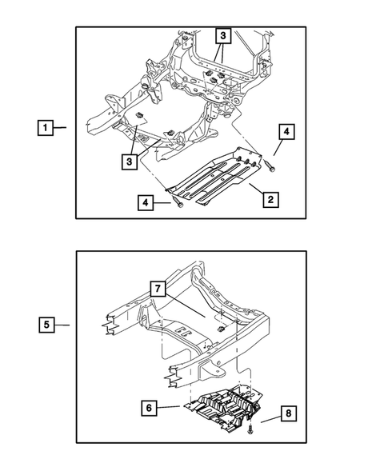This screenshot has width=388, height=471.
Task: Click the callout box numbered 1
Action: (x=46, y=128)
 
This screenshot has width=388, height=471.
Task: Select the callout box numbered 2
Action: (x=270, y=199)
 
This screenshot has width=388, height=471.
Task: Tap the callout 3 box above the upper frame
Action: (x=222, y=36)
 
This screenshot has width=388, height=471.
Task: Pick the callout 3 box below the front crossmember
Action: (x=130, y=162)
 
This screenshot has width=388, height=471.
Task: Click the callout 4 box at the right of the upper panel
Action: (x=286, y=132)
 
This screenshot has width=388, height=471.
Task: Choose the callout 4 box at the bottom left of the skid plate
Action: (x=146, y=203)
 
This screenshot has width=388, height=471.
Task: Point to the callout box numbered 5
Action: (x=46, y=325)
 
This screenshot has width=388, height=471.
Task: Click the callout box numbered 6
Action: (x=149, y=408)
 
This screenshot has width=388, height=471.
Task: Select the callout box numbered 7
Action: (x=158, y=289)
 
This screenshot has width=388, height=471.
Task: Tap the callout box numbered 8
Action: (x=288, y=413)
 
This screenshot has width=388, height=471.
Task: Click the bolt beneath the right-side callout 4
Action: (x=270, y=166)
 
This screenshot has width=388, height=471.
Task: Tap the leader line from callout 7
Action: (x=185, y=305)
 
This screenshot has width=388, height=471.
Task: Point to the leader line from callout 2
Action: (x=256, y=190)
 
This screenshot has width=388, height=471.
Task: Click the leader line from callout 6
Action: (x=168, y=407)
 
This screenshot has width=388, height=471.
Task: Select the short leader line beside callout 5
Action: (x=62, y=325)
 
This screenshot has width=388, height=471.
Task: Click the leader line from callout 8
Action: (x=270, y=419)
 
